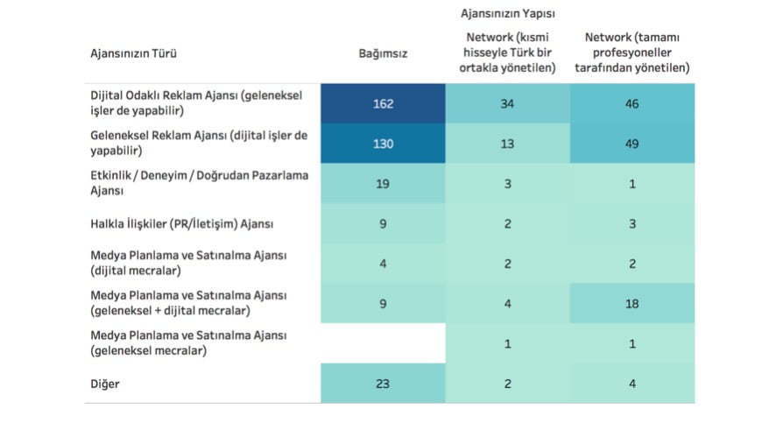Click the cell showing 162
(383, 103)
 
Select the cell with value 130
(383, 144)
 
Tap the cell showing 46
(632, 103)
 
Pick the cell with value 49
(632, 144)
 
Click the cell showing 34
(507, 103)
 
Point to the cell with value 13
(507, 144)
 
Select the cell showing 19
(383, 184)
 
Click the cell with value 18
(632, 303)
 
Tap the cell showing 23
(383, 383)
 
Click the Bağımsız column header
(383, 53)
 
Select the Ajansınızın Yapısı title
(508, 14)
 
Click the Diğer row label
(105, 384)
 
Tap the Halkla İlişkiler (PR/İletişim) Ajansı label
(182, 224)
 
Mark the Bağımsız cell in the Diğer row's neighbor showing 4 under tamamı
(632, 383)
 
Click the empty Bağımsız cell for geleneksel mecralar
(383, 343)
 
